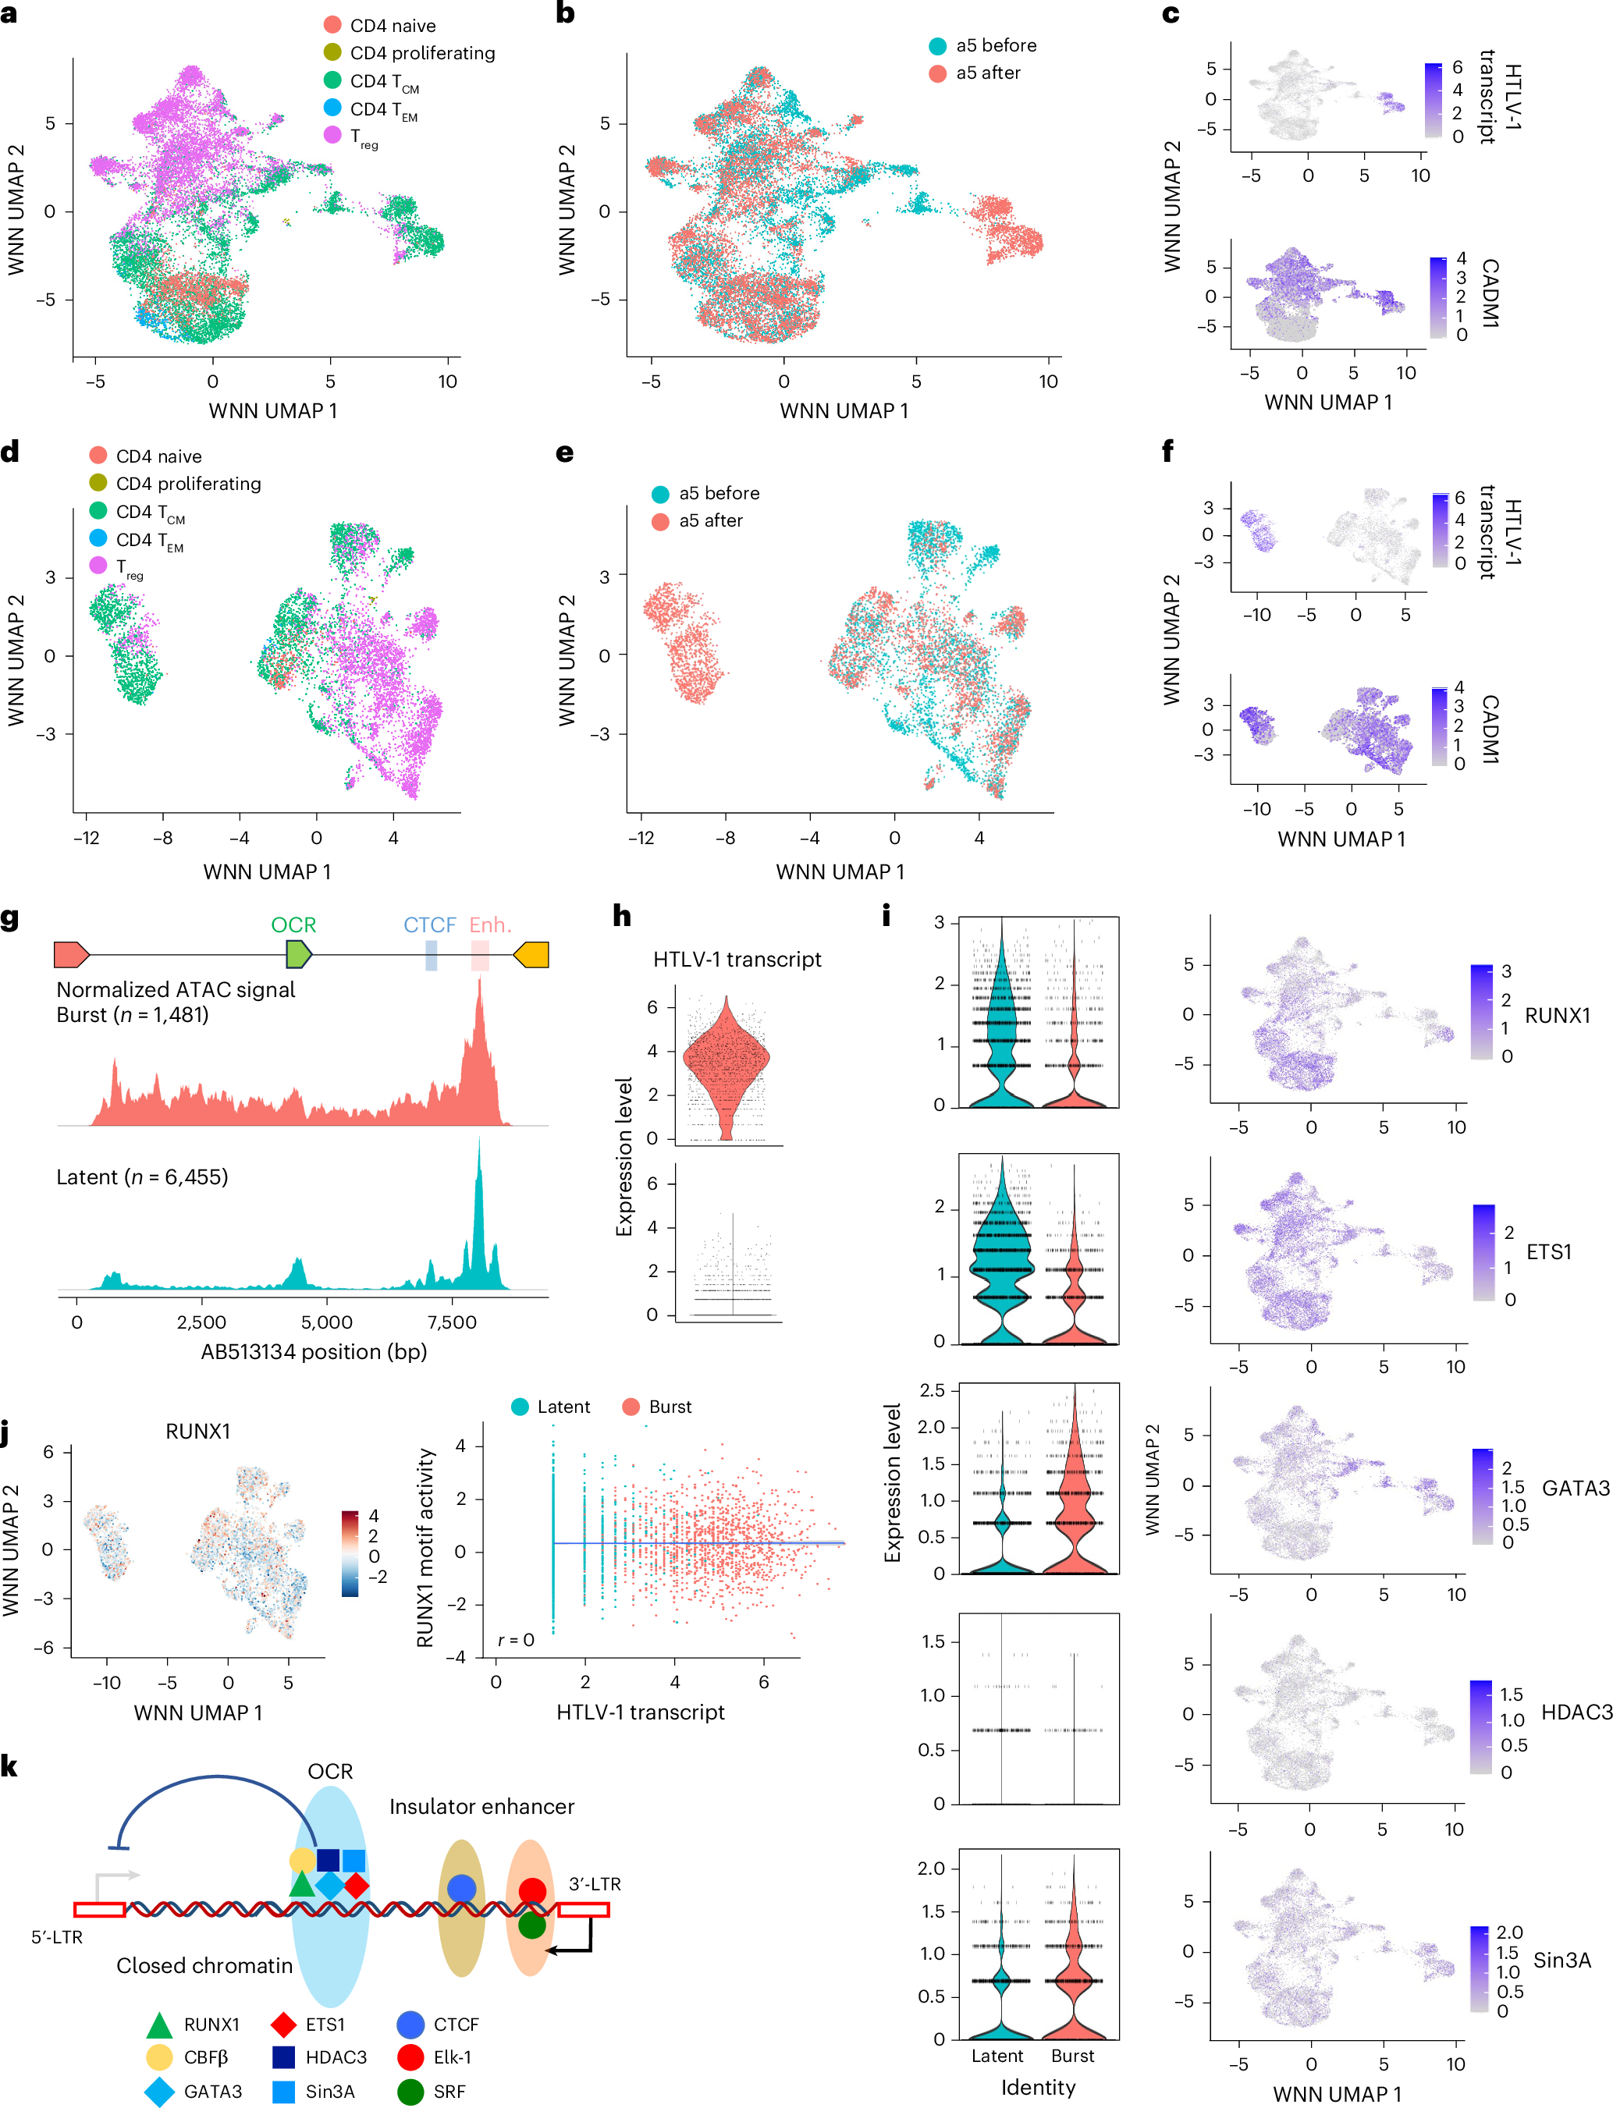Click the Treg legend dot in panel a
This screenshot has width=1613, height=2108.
332,134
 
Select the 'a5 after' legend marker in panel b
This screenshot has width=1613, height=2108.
938,73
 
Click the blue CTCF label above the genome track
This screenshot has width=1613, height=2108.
429,924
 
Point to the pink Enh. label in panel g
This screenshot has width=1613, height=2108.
489,924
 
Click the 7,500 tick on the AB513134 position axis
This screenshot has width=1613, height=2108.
451,1322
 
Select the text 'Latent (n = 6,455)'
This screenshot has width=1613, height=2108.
142,1176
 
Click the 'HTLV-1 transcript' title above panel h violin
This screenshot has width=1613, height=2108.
737,959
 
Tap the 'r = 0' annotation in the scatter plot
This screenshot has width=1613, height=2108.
516,1640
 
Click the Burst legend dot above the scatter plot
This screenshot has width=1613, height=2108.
631,1407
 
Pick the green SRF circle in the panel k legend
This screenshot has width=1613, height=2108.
411,2091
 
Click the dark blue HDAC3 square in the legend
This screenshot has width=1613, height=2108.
283,2057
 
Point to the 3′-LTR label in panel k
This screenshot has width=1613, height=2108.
595,1883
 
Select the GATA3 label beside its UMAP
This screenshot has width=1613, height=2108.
1575,1488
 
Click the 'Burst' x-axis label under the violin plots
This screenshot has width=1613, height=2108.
1071,2055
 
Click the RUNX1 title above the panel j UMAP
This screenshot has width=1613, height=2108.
197,1432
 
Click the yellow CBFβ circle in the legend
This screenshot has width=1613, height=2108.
159,2057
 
